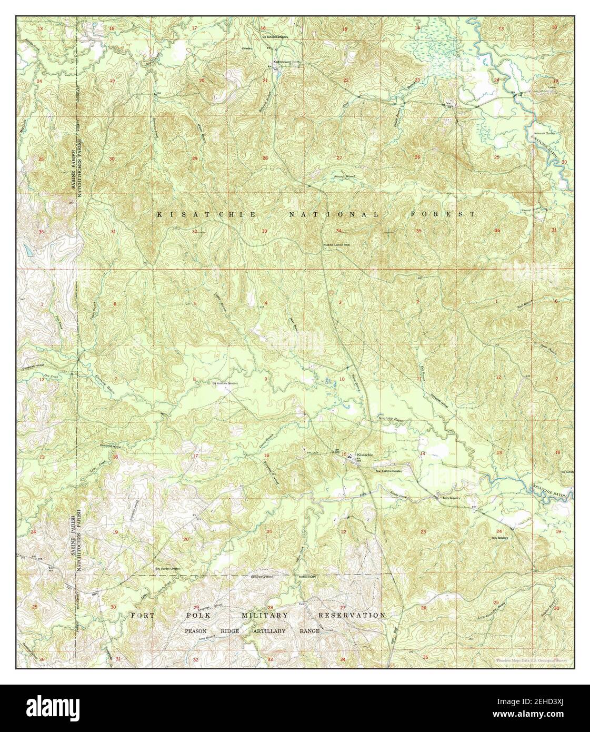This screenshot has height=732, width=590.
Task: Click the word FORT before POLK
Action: [143, 615]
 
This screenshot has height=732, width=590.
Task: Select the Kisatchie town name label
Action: [365, 454]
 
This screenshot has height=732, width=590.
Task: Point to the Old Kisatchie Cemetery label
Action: [226, 383]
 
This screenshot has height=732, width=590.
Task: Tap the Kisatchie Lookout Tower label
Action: [337, 244]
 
